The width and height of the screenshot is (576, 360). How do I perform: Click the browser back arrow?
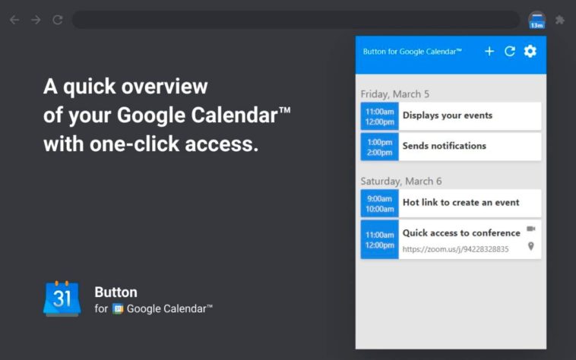[14, 20]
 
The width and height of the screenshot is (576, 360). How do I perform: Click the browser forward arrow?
[36, 20]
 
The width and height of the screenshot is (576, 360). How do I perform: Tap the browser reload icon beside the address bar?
[58, 20]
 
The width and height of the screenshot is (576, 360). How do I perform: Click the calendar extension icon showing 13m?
[536, 21]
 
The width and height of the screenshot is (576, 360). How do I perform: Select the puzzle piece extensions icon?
[560, 20]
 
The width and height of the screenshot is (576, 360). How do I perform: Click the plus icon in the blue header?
[489, 52]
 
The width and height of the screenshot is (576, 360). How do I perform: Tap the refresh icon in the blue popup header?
[510, 52]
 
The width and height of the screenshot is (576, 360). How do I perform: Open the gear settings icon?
[530, 52]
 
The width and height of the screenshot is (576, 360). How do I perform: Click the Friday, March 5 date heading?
[395, 94]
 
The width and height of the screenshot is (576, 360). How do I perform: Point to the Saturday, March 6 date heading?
[401, 182]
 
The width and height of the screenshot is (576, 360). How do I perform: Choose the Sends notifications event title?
[444, 146]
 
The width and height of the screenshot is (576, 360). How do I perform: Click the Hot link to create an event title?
[461, 203]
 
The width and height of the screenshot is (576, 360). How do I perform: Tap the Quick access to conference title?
[461, 233]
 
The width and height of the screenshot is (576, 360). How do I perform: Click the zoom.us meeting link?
[455, 249]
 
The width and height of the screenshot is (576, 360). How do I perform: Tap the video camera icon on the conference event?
[531, 229]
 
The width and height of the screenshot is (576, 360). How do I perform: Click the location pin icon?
[531, 246]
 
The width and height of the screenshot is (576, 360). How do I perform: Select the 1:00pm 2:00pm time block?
[379, 147]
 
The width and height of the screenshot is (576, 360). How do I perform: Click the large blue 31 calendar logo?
[62, 298]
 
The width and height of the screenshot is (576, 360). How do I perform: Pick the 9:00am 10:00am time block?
[379, 204]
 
